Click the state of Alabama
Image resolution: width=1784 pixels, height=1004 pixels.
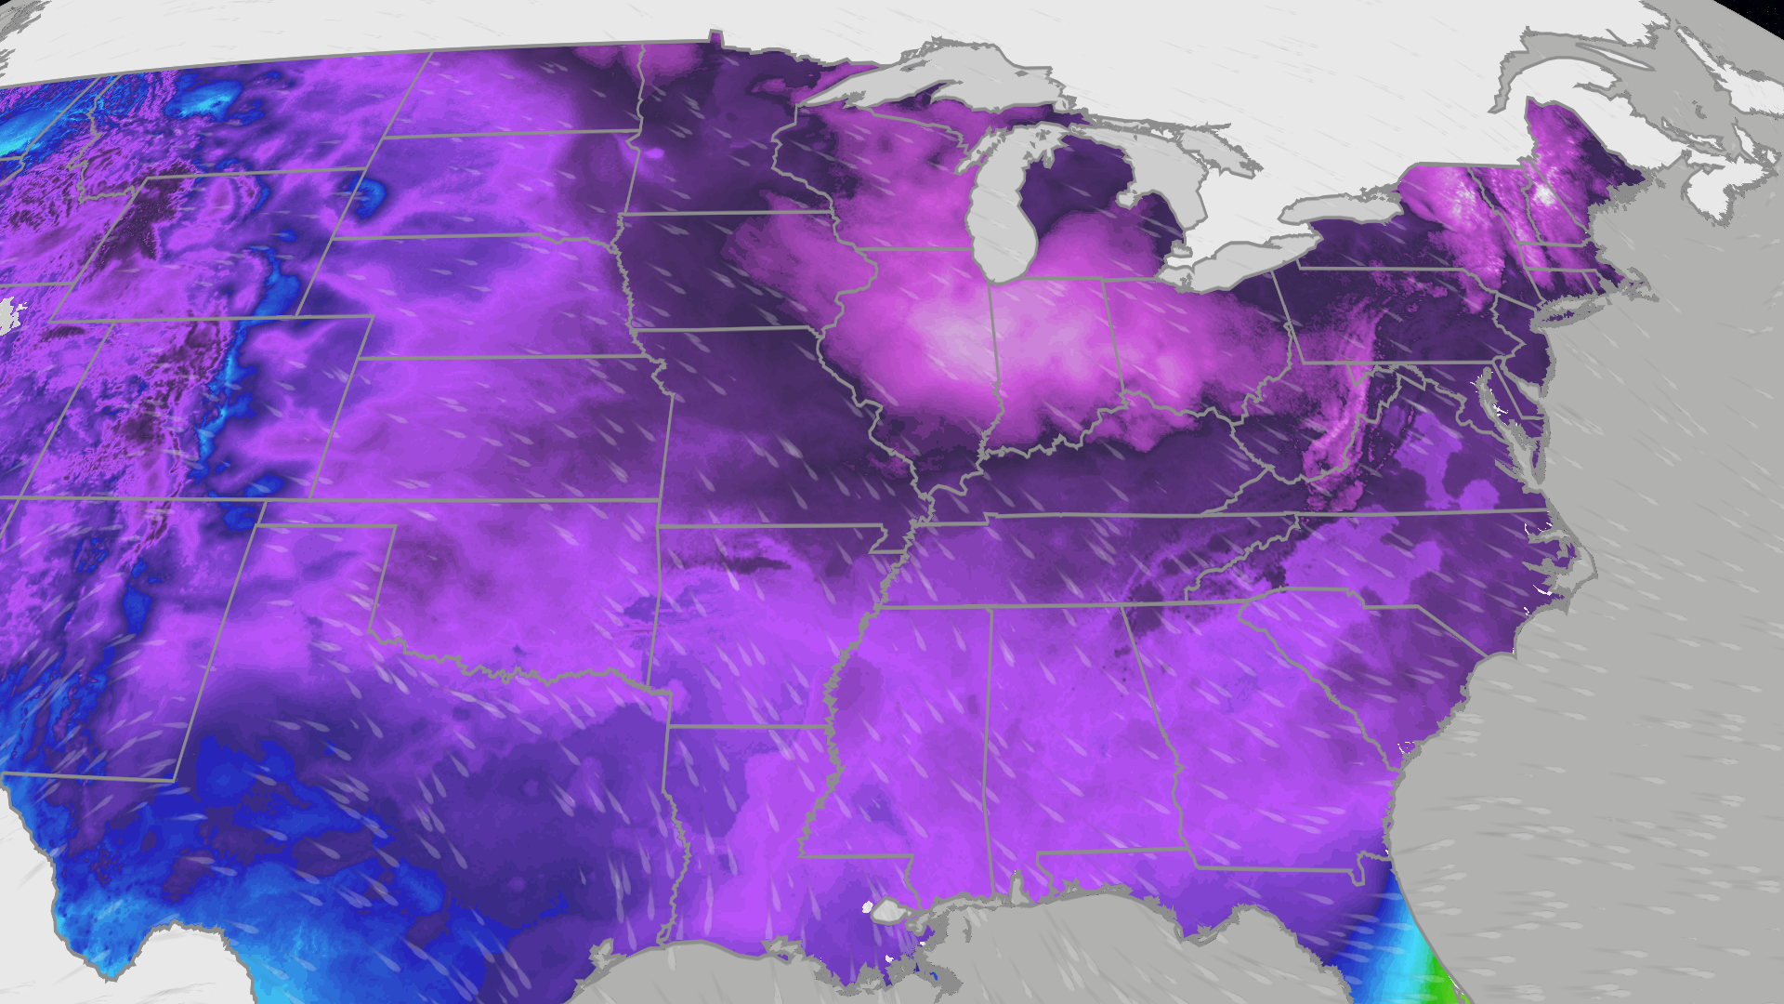(x=1078, y=734)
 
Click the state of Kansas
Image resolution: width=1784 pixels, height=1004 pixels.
(x=502, y=428)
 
